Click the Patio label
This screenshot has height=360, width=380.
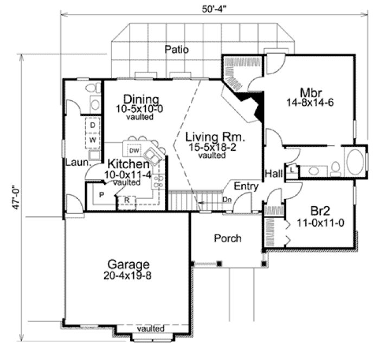[177, 49]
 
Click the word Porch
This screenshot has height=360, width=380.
[228, 238]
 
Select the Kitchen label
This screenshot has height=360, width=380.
[128, 164]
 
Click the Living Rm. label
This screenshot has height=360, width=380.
[212, 136]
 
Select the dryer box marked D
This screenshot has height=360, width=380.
[93, 126]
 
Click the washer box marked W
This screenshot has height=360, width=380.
[93, 139]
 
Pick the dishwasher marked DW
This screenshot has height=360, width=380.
[135, 150]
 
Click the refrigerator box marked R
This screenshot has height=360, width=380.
[126, 200]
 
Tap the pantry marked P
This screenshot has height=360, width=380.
[101, 194]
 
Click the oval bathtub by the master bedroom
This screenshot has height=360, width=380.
[355, 162]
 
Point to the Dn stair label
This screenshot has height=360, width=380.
[226, 199]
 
